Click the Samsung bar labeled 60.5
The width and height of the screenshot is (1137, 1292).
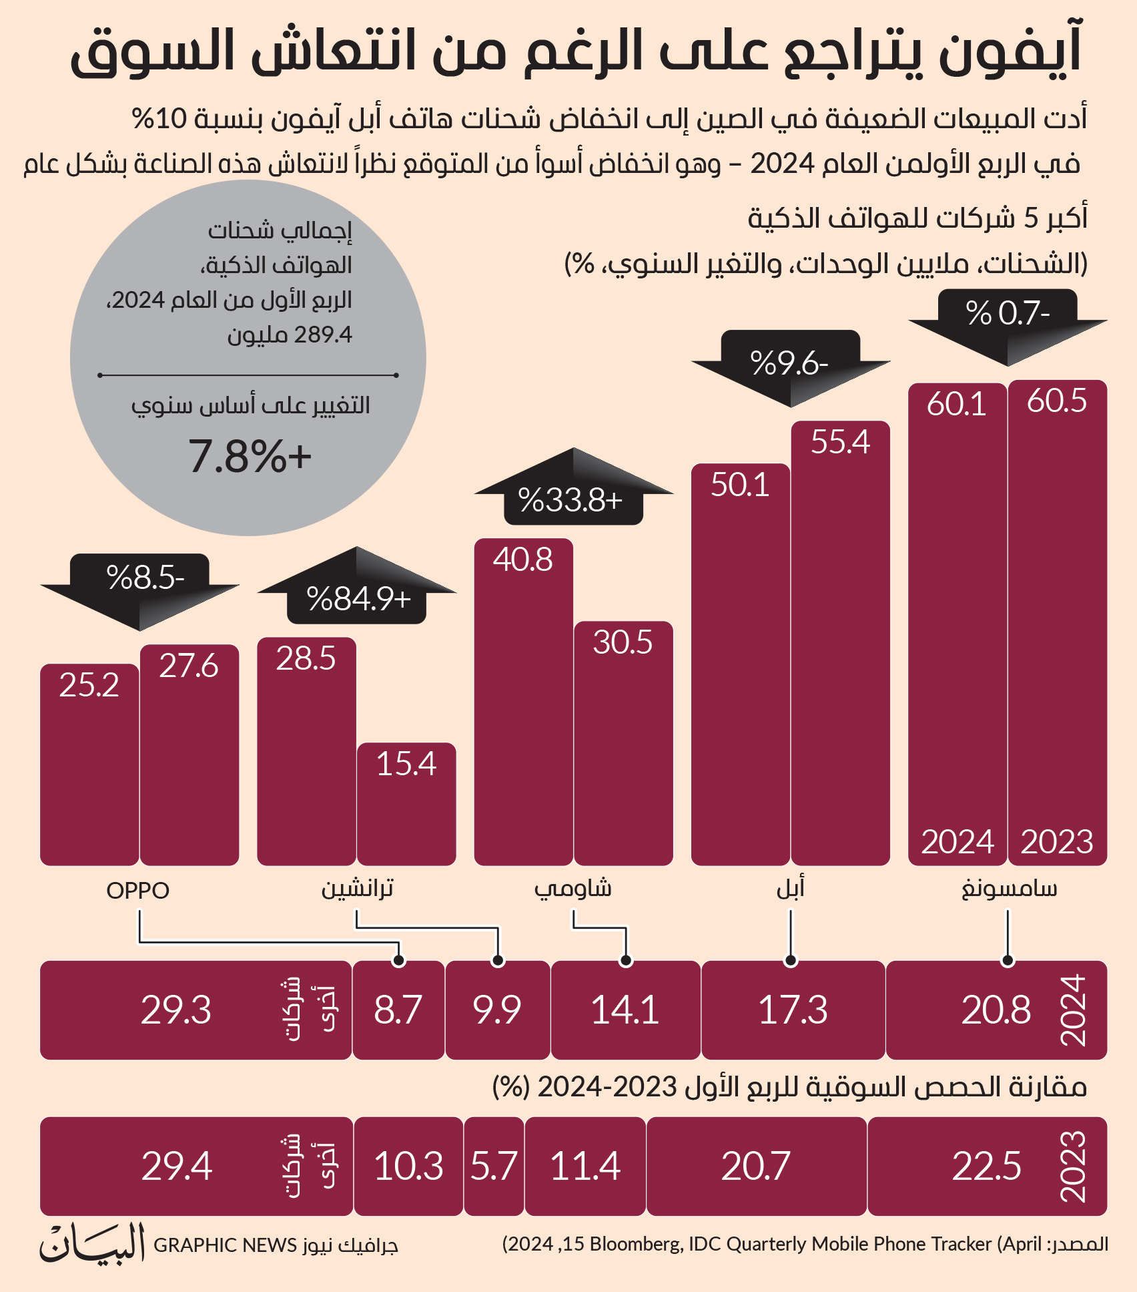coord(1058,623)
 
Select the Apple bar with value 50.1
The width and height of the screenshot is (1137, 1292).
coord(741,664)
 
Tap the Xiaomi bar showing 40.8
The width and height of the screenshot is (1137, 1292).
coord(524,702)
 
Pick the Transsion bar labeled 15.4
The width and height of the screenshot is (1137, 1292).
coord(406,804)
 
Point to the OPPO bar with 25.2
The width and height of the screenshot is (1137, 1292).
coord(89,765)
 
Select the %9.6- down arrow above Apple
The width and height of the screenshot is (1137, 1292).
coord(791,368)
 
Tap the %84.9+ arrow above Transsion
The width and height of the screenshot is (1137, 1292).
coord(357,586)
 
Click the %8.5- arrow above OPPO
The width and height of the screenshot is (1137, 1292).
coord(139,592)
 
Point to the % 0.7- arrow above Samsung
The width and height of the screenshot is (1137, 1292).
coord(1008,327)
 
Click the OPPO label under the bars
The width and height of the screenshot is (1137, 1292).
coord(138,890)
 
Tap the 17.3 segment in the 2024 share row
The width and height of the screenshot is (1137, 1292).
coord(793,1010)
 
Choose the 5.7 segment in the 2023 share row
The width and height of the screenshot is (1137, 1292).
coord(494,1166)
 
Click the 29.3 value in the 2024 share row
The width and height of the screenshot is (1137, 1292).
coord(176,1010)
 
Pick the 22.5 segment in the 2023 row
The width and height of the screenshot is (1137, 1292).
coord(988,1166)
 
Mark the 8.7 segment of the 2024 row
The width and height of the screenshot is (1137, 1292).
coord(398,1010)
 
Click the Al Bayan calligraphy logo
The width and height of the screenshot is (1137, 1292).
coord(92,1243)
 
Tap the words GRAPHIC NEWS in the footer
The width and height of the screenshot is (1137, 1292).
coord(226,1245)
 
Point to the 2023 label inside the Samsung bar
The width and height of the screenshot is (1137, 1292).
coord(1057,841)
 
